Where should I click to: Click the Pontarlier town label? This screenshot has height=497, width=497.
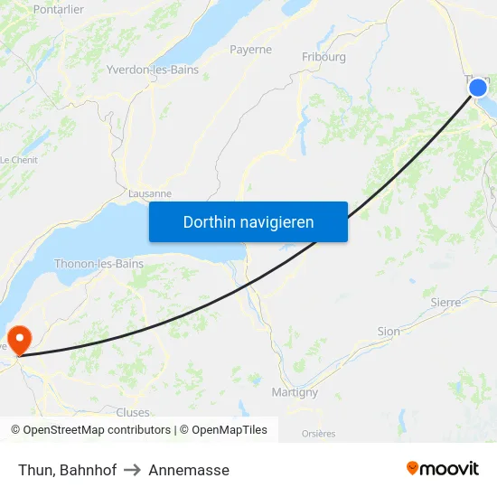[x=58, y=9]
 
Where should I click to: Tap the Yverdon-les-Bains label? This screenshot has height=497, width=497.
[x=153, y=70]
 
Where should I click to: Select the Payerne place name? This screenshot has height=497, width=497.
[x=250, y=50]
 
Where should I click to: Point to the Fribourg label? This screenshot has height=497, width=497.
[x=324, y=57]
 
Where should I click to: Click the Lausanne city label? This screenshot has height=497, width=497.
[x=150, y=193]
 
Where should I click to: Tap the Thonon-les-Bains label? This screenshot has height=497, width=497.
[x=98, y=264]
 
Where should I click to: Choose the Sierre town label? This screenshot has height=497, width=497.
[x=445, y=302]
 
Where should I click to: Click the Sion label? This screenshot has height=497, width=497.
[x=389, y=332]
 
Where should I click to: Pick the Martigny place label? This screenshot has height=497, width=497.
[x=295, y=392]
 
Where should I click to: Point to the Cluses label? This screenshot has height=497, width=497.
[x=132, y=413]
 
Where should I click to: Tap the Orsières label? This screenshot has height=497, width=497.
[x=318, y=434]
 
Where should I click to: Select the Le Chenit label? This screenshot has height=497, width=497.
[x=17, y=160]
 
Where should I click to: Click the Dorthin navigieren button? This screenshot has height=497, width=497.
[x=248, y=221]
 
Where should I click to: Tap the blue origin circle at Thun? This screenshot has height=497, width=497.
[x=478, y=88]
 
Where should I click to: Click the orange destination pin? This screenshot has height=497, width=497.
[x=19, y=340]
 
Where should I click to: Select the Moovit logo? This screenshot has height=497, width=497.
[x=443, y=468]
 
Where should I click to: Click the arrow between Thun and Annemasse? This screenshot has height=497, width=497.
[x=133, y=470]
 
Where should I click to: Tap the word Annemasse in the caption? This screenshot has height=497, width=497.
[x=189, y=470]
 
